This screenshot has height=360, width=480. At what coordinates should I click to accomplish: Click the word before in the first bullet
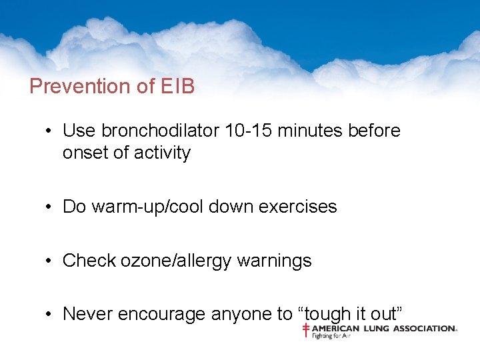tap(374, 131)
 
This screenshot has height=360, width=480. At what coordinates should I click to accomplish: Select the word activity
tap(162, 153)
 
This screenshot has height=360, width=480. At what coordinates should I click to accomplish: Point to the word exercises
tap(298, 207)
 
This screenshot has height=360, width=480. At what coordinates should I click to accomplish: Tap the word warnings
tap(280, 261)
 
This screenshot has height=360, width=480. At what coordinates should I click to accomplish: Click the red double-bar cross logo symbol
tap(306, 331)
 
